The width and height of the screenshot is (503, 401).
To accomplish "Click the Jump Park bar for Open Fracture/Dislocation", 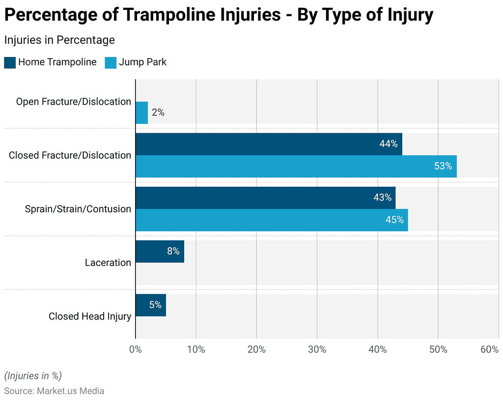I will pyautogui.click(x=141, y=113).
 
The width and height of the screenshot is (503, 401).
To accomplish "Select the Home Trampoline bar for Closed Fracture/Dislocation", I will pyautogui.click(x=269, y=144).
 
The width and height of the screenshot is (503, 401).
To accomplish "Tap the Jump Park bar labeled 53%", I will pyautogui.click(x=296, y=166).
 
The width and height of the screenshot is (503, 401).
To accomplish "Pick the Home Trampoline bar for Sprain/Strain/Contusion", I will pyautogui.click(x=265, y=198).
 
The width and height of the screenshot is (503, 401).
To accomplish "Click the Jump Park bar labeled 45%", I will pyautogui.click(x=271, y=220).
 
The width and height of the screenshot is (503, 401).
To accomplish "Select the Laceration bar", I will pyautogui.click(x=160, y=251).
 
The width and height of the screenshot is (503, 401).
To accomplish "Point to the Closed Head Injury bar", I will pyautogui.click(x=150, y=305).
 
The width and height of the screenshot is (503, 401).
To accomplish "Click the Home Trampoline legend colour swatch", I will pyautogui.click(x=10, y=62).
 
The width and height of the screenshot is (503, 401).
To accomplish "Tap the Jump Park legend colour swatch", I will pyautogui.click(x=111, y=62).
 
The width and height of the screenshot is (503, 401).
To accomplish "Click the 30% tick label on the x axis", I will pyautogui.click(x=317, y=349).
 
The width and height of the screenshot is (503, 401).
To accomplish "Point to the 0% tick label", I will pyautogui.click(x=135, y=349).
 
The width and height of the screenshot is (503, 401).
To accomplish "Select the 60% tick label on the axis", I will pyautogui.click(x=489, y=349).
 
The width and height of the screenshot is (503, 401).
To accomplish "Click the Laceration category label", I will pyautogui.click(x=108, y=262).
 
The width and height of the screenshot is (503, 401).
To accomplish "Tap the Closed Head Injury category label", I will pyautogui.click(x=89, y=316).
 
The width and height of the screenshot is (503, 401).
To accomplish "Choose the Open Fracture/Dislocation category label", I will pyautogui.click(x=73, y=102).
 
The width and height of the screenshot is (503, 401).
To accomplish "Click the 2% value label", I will pyautogui.click(x=158, y=113).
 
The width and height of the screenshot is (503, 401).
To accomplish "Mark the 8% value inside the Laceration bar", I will pyautogui.click(x=173, y=251).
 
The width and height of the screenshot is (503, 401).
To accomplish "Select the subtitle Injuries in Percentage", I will pyautogui.click(x=59, y=40).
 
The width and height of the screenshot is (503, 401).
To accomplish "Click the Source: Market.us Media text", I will pyautogui.click(x=54, y=391).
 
